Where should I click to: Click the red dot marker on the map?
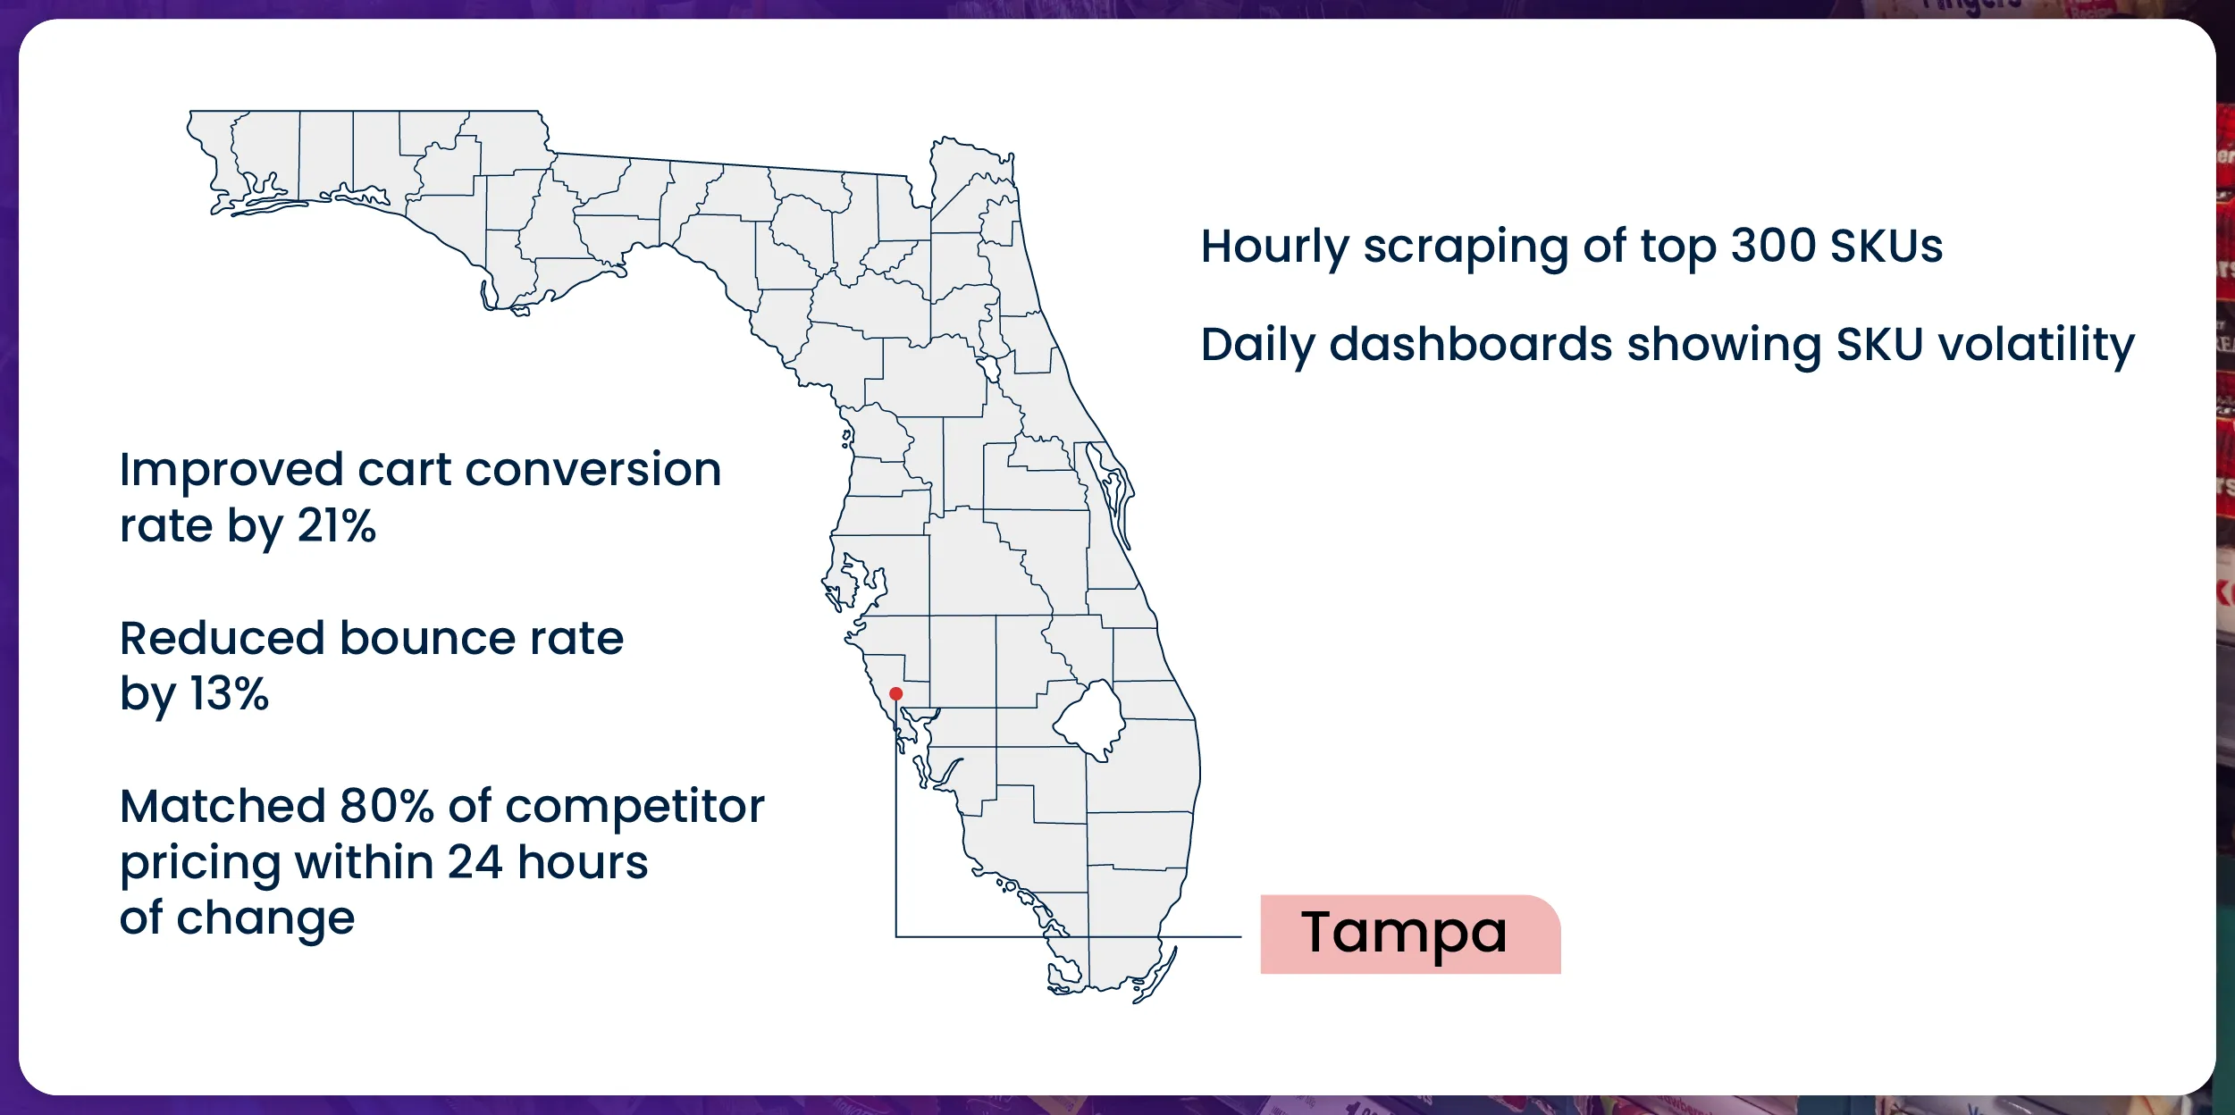pyautogui.click(x=895, y=693)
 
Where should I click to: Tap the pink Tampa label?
pyautogui.click(x=1410, y=934)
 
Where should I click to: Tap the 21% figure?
pyautogui.click(x=337, y=526)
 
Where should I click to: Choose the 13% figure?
pyautogui.click(x=230, y=694)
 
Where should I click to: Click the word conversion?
pyautogui.click(x=592, y=470)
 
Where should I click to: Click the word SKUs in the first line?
pyautogui.click(x=1886, y=247)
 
